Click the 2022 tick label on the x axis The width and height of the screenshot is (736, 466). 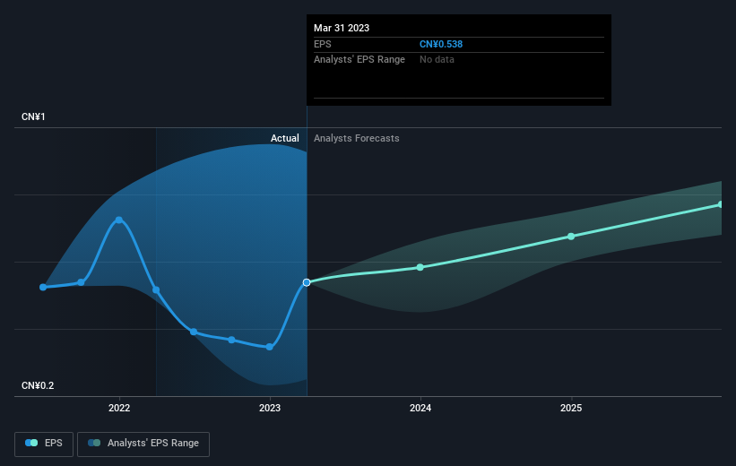tap(119, 408)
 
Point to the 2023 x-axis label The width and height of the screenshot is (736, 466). tap(270, 408)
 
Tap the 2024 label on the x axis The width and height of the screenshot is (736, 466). tap(420, 408)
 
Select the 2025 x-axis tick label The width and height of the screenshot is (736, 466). tap(571, 408)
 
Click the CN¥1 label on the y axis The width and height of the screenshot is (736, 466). tap(33, 116)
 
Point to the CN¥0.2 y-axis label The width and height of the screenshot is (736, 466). tap(38, 385)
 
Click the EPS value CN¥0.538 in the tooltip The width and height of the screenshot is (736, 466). tap(441, 44)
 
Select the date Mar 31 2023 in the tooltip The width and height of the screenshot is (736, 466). tap(342, 28)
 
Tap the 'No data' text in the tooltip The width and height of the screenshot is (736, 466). tap(437, 60)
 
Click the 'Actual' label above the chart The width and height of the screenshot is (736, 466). tap(285, 138)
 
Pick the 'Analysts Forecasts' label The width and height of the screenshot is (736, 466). tap(357, 138)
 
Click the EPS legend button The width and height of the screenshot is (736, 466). tap(44, 444)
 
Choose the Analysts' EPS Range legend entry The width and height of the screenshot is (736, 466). tap(143, 444)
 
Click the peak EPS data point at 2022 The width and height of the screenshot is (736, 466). tap(119, 220)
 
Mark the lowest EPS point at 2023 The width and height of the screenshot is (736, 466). tap(270, 347)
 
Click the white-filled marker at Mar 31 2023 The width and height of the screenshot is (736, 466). tap(307, 282)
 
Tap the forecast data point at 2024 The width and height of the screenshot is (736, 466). tap(420, 267)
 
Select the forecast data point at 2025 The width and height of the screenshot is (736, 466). tap(571, 237)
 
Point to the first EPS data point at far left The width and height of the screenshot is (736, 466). tap(43, 287)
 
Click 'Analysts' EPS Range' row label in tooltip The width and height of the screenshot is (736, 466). tap(359, 60)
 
